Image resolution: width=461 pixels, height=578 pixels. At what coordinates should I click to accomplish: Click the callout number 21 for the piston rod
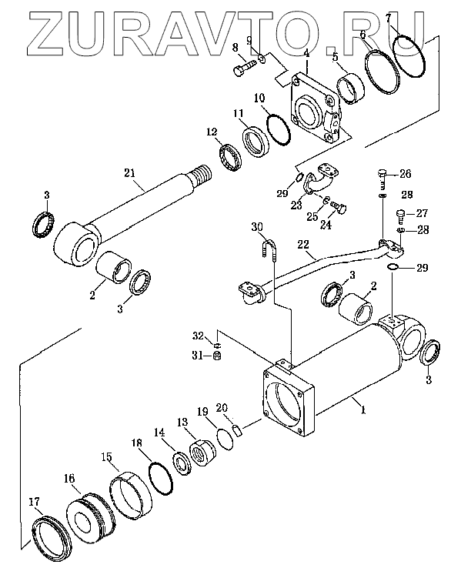(130, 173)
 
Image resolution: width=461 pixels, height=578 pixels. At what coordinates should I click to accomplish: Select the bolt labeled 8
(245, 68)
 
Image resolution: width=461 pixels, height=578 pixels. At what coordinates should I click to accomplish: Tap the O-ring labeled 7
(409, 56)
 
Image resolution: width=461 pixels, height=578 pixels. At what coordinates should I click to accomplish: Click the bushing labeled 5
(350, 89)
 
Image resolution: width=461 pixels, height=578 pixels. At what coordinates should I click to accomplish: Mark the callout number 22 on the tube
(303, 245)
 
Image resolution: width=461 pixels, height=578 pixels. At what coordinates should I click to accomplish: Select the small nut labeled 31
(218, 356)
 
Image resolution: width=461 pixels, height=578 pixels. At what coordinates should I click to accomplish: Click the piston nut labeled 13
(202, 452)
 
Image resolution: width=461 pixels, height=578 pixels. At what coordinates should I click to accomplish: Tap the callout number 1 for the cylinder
(363, 409)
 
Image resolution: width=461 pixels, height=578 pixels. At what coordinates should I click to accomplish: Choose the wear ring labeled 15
(131, 496)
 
